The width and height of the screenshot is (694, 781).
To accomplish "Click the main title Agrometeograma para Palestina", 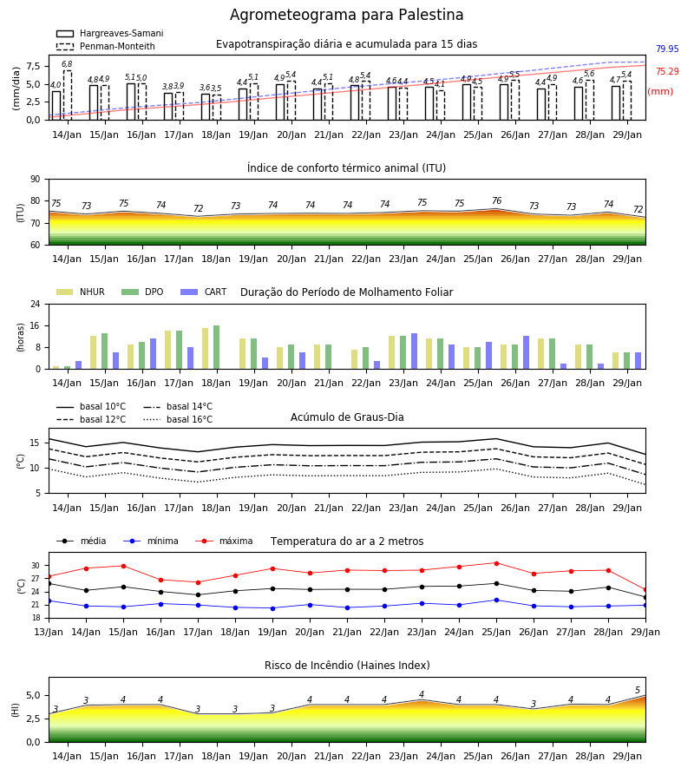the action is pyautogui.click(x=346, y=15).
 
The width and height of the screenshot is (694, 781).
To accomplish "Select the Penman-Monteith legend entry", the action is pyautogui.click(x=106, y=46).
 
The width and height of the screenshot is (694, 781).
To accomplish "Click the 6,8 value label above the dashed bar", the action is pyautogui.click(x=67, y=63).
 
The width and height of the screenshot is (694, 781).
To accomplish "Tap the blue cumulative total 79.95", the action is pyautogui.click(x=667, y=49).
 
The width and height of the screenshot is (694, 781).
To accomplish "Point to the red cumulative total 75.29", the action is pyautogui.click(x=667, y=71).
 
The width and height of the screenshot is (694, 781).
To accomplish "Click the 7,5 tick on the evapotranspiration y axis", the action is pyautogui.click(x=33, y=66).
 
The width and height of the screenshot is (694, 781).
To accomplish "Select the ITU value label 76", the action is pyautogui.click(x=496, y=200).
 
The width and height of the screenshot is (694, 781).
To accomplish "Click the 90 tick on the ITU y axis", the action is pyautogui.click(x=36, y=180).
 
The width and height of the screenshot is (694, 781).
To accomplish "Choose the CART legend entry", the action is pyautogui.click(x=204, y=292).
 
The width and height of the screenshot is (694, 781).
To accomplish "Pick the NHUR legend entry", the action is pyautogui.click(x=81, y=292).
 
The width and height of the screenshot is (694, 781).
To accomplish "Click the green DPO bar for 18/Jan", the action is pyautogui.click(x=217, y=347).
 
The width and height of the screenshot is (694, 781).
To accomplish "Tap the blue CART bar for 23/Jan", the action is pyautogui.click(x=414, y=351).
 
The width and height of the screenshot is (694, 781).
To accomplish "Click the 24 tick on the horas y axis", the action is pyautogui.click(x=36, y=304).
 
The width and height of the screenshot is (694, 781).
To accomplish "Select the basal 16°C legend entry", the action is pyautogui.click(x=178, y=419).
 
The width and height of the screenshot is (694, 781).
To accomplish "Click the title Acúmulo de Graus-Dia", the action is pyautogui.click(x=347, y=417).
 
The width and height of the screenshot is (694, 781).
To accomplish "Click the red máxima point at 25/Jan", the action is pyautogui.click(x=496, y=563).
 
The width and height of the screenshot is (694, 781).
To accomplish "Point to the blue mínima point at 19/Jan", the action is pyautogui.click(x=272, y=608).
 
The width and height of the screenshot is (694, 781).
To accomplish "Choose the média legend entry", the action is pyautogui.click(x=82, y=541).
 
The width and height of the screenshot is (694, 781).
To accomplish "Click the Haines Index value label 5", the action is pyautogui.click(x=638, y=691).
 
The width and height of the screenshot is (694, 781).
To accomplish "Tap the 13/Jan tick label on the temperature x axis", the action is pyautogui.click(x=49, y=632).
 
